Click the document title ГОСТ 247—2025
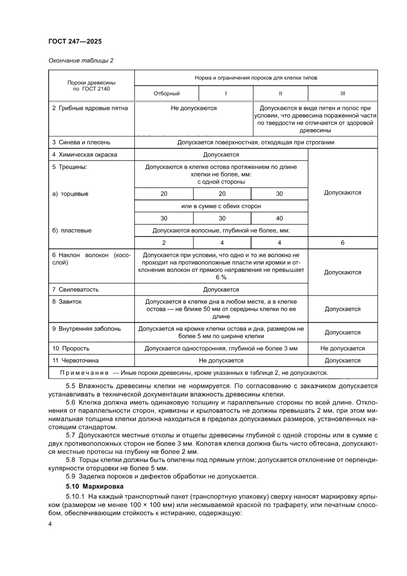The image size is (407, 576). [75, 41]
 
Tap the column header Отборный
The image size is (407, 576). [166, 93]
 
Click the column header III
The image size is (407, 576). [343, 93]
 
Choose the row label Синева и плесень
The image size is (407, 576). [78, 142]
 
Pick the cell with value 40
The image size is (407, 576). [280, 218]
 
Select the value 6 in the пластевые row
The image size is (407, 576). [343, 242]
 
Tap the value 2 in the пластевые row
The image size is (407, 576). [164, 242]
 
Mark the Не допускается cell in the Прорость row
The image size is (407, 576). [343, 348]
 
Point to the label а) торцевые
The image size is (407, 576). [70, 194]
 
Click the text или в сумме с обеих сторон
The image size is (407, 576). [221, 206]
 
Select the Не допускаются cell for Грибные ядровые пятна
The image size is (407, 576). [193, 108]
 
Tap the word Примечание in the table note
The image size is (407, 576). [85, 373]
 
